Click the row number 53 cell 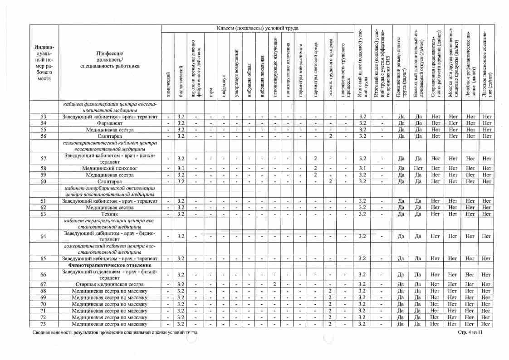pos(44,117)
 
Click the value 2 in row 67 pos(275,284)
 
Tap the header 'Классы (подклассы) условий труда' pos(257,28)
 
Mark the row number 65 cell pos(44,258)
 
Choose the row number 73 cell pos(44,324)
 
